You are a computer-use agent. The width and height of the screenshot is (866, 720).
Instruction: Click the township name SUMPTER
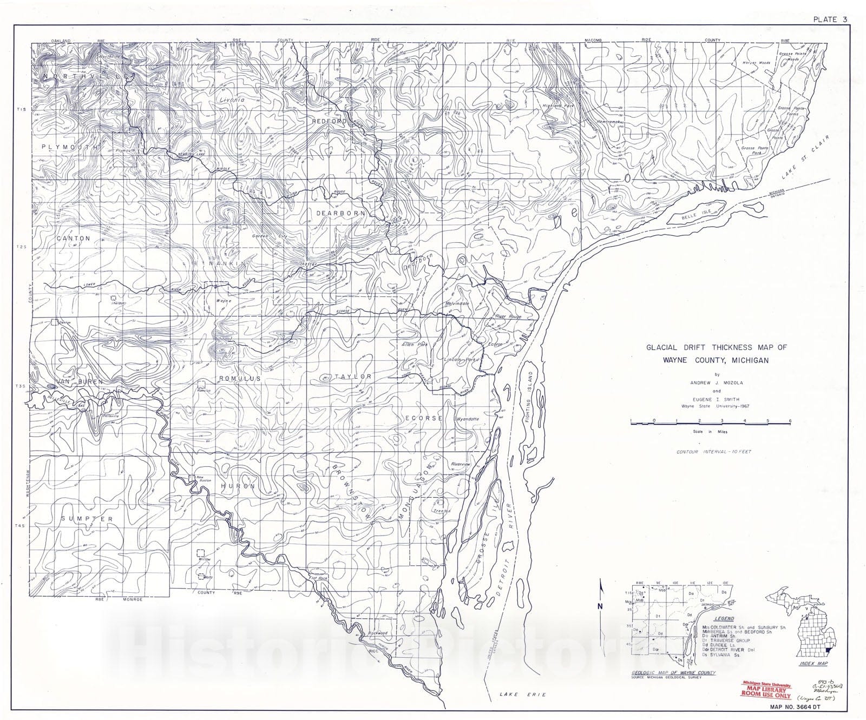87,519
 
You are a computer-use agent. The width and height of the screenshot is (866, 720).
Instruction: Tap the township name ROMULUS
239,378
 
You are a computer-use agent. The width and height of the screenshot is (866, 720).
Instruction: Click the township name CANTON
73,238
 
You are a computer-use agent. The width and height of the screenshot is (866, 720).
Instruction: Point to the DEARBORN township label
341,213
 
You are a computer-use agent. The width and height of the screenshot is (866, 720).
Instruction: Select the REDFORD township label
329,122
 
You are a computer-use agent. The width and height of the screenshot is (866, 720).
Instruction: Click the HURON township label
238,486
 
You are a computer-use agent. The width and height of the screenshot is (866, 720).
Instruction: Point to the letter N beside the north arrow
600,606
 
